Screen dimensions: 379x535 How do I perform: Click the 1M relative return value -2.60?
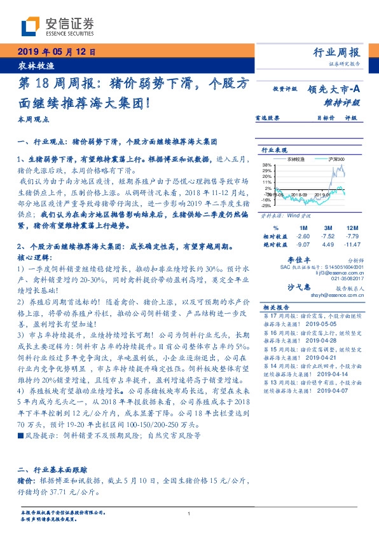[x=303, y=236]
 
